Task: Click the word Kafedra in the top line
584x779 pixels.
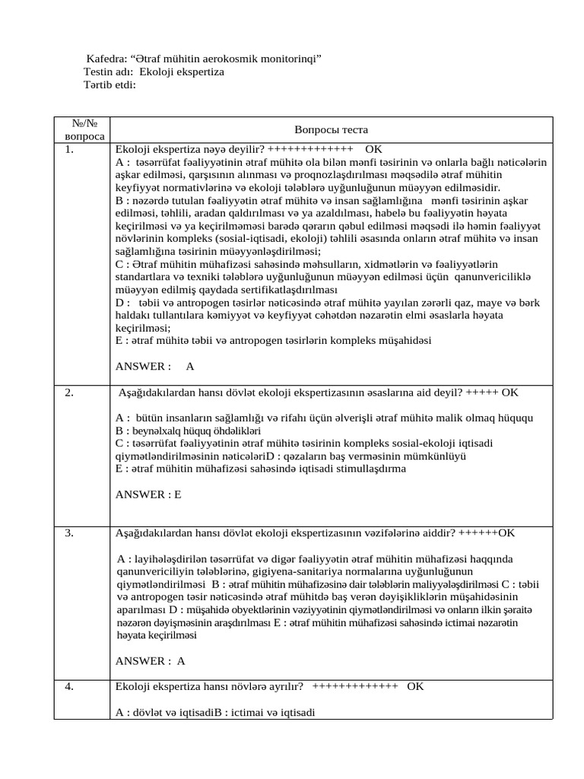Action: pos(106,59)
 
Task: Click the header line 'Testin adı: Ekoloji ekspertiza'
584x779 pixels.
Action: pos(154,72)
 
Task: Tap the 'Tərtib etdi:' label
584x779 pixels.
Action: pos(109,84)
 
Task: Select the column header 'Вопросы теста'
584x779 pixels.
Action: pos(331,130)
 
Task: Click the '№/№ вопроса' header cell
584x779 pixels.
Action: pos(80,129)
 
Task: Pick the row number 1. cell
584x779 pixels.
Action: pos(69,149)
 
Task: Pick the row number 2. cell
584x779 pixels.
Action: pos(69,393)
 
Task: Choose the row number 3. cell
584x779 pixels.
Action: pos(69,533)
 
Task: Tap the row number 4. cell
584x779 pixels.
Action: pos(69,686)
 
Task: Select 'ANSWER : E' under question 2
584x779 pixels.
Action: pos(148,494)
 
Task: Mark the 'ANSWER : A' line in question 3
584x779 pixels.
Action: pos(151,661)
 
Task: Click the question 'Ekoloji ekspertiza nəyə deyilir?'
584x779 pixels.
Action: pos(189,149)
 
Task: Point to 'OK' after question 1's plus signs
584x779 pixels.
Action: pos(373,149)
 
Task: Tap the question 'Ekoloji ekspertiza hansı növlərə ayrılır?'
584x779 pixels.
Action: pos(209,686)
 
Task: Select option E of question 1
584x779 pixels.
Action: pos(273,340)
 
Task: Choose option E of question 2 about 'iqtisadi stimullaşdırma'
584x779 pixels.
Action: pos(261,469)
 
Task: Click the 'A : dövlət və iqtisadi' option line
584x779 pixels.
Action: pos(163,712)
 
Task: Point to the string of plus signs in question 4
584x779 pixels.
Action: pos(354,686)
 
